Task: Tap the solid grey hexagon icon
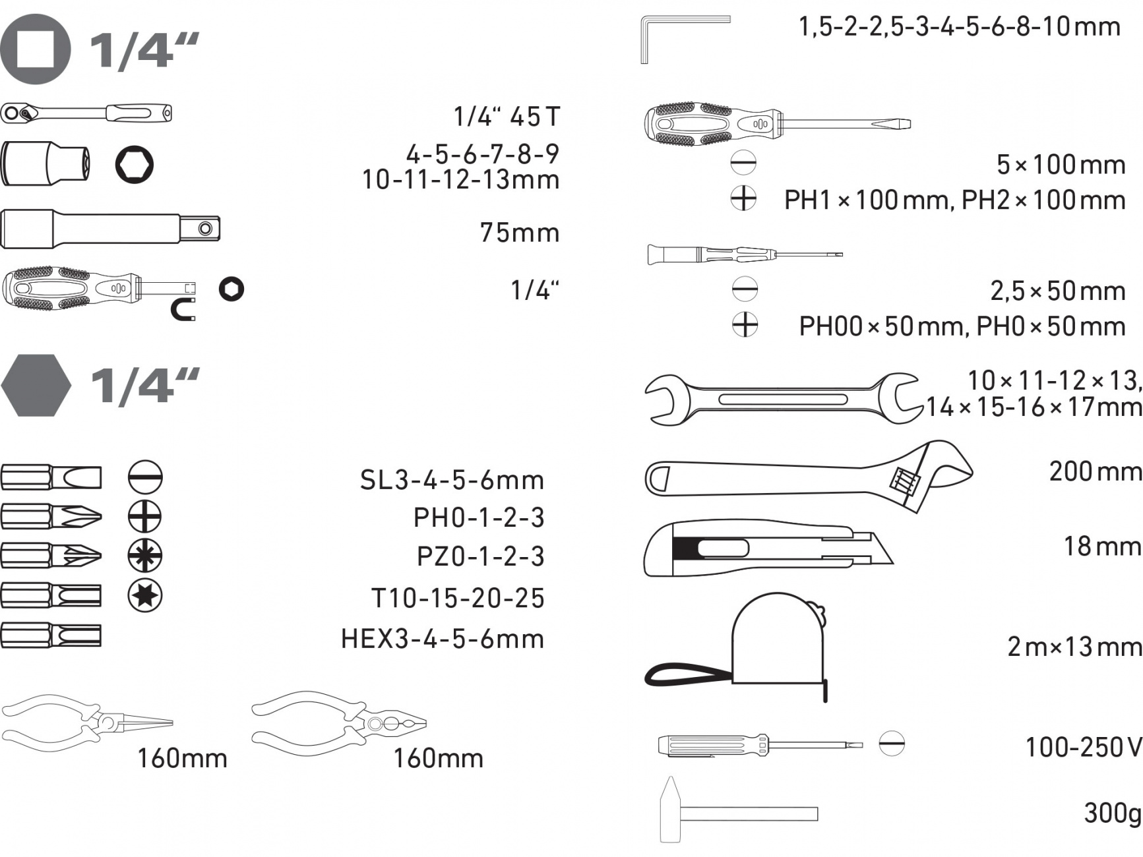click(x=36, y=386)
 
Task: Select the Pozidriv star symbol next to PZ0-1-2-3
click(x=145, y=556)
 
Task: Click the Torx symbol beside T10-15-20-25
click(x=145, y=595)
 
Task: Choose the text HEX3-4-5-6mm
click(x=443, y=639)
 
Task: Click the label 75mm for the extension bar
click(x=520, y=233)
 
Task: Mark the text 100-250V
click(x=1084, y=747)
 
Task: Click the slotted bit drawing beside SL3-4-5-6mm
click(x=51, y=477)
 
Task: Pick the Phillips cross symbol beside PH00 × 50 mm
click(x=745, y=324)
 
